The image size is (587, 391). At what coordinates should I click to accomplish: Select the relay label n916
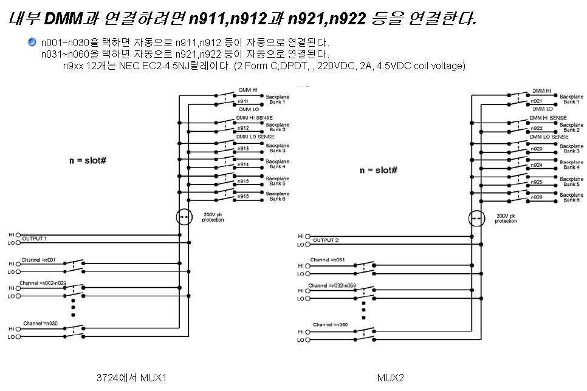[243, 196]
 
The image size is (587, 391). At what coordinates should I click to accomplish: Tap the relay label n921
[537, 101]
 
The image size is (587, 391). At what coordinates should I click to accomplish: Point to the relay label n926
[537, 197]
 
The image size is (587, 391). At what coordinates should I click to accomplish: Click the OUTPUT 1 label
[35, 238]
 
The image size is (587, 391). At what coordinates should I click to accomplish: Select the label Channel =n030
[40, 323]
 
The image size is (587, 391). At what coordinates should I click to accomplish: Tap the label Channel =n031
[328, 260]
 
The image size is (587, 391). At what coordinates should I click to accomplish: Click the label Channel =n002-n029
[43, 284]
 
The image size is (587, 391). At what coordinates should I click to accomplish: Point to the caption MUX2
[390, 378]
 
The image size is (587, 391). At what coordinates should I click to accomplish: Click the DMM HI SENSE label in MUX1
[254, 118]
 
